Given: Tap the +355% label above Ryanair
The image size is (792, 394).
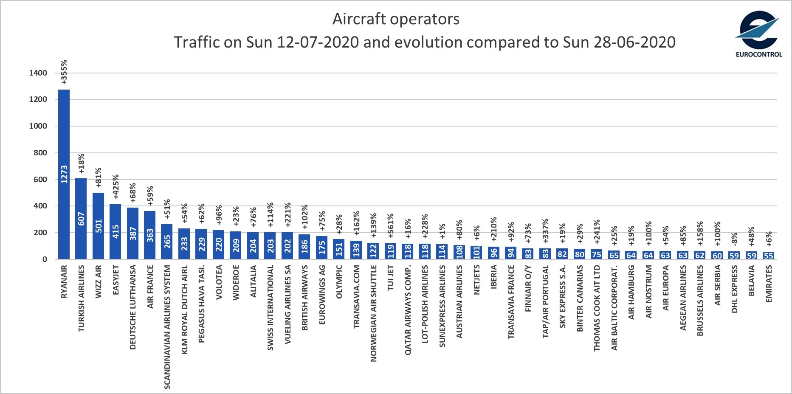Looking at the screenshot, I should point(64,72).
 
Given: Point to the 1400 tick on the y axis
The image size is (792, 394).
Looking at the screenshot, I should point(38,73).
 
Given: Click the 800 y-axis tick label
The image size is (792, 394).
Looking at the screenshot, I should point(40,153).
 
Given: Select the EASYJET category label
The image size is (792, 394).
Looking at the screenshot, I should point(116,280).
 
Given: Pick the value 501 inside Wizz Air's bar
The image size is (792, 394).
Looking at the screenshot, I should point(99,226).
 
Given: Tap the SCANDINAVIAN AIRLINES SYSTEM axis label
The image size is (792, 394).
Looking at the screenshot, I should point(167,327).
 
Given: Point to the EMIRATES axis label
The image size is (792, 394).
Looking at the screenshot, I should point(769,284).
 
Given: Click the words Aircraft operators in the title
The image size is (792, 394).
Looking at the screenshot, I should point(396,19).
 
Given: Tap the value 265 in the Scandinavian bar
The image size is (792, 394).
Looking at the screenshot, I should point(167,242).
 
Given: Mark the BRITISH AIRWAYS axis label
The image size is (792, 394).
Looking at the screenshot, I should point(305,298).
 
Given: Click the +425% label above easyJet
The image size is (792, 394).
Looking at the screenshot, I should point(116,186).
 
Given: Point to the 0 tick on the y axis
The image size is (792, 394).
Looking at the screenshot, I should point(45,259).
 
